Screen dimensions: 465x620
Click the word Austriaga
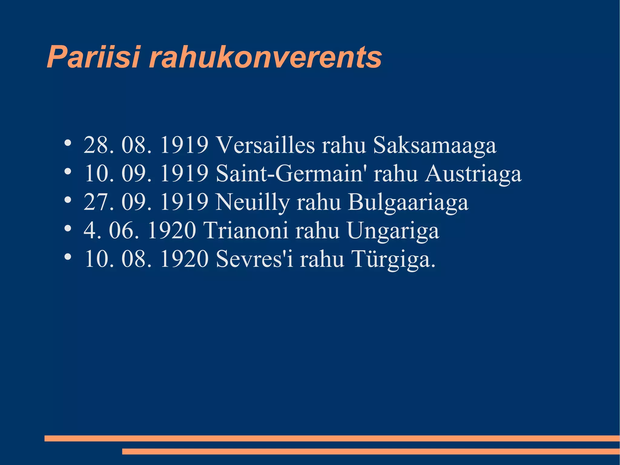[x=473, y=174]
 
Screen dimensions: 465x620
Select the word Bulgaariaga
[x=408, y=202]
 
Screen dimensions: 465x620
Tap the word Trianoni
[x=246, y=231]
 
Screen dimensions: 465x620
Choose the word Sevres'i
[x=255, y=259]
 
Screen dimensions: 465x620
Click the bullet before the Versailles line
[x=68, y=143]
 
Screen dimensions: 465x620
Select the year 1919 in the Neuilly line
[x=184, y=202]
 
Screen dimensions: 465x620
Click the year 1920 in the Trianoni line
[x=172, y=231]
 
